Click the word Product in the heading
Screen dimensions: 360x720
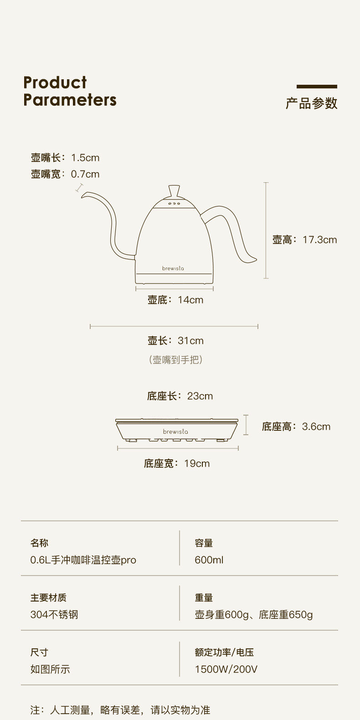[x=55, y=82]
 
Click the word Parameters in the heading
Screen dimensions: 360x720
[x=70, y=100]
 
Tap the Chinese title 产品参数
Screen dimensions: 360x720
[x=312, y=103]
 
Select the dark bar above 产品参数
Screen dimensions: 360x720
[x=317, y=86]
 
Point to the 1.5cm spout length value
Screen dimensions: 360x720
[x=85, y=158]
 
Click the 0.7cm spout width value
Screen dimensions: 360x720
[x=85, y=174]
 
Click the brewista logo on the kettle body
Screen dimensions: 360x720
[x=173, y=268]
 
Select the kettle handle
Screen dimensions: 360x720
[x=232, y=228]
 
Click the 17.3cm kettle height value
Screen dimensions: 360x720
[x=320, y=240]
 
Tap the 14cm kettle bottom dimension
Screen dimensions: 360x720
[x=190, y=300]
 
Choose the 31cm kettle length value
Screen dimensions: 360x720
[x=190, y=341]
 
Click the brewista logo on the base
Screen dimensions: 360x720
[x=175, y=432]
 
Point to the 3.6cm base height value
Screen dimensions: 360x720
[x=316, y=427]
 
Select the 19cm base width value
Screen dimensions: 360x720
[x=197, y=463]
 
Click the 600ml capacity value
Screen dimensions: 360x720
[x=209, y=560]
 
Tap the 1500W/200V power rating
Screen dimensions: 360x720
[x=226, y=669]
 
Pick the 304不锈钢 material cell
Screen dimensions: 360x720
[x=54, y=614]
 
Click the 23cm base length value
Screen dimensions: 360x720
[x=200, y=396]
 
